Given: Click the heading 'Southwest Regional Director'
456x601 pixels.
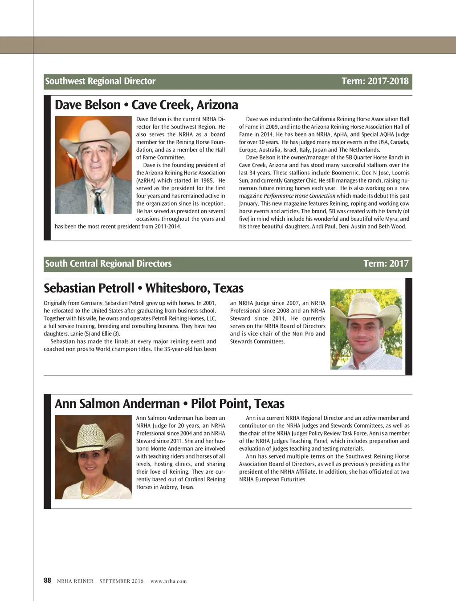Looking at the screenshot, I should click(100, 81).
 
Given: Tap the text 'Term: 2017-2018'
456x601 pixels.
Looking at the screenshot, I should click(375, 81).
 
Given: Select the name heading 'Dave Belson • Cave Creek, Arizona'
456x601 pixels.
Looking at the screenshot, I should click(146, 105).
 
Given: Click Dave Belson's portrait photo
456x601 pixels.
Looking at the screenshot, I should click(93, 165).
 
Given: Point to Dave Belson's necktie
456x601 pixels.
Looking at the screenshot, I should click(99, 200).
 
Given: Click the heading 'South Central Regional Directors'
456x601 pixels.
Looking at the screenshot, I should click(108, 264).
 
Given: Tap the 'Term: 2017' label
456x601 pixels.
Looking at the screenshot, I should click(386, 264).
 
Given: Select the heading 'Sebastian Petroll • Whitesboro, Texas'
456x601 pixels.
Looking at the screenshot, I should click(143, 288).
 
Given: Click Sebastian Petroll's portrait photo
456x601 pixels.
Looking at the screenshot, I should click(366, 329).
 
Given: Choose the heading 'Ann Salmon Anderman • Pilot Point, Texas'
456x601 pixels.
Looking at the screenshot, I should click(169, 404).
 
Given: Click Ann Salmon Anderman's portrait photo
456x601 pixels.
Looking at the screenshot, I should click(93, 457).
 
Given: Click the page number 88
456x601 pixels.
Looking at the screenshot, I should click(47, 581).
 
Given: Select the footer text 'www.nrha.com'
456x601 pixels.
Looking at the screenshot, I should click(168, 581).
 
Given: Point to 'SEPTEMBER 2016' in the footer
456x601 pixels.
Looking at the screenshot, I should click(121, 581).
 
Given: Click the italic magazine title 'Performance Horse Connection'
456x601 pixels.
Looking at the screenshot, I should click(299, 196).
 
